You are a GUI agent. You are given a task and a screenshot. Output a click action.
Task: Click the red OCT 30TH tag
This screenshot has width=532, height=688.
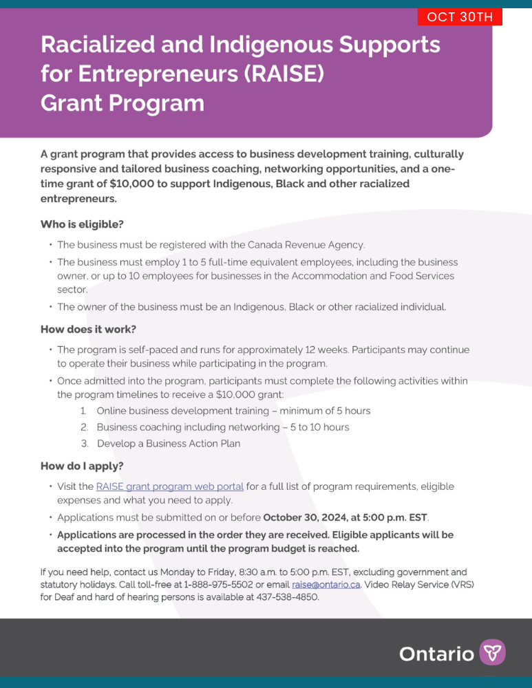(x=460, y=17)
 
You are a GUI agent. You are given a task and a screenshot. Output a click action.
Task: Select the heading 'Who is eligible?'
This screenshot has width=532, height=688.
(x=82, y=224)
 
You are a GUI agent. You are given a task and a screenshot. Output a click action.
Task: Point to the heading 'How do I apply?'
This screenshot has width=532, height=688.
(x=82, y=466)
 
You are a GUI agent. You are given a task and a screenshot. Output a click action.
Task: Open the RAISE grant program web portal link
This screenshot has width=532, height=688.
(x=170, y=486)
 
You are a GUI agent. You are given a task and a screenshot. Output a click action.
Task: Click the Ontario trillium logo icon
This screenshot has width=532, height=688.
(x=492, y=652)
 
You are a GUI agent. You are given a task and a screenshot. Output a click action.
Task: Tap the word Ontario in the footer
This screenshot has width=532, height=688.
(x=436, y=654)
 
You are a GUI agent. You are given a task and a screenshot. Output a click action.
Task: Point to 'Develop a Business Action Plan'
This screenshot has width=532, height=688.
(x=169, y=444)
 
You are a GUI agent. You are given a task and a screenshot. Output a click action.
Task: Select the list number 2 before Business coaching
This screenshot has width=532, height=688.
(x=83, y=427)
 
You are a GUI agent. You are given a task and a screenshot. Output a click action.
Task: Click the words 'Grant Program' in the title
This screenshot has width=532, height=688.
(x=123, y=103)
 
